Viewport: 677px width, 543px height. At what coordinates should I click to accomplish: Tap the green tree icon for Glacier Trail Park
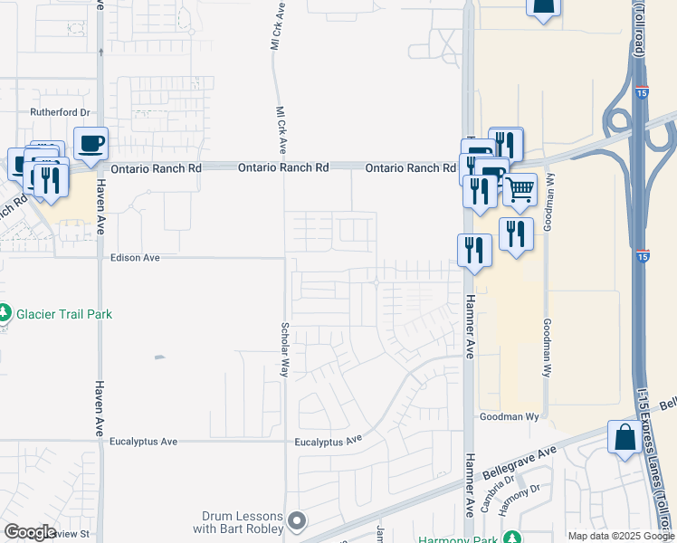[x=5, y=314]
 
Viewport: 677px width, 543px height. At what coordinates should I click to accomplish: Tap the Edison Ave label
[x=135, y=258]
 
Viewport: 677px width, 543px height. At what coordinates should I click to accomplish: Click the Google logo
[x=30, y=532]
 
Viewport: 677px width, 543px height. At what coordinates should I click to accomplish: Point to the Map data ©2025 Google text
[x=620, y=536]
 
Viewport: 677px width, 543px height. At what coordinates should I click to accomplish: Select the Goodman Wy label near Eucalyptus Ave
[x=508, y=417]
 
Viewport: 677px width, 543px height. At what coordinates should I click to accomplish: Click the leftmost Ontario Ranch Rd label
[x=157, y=168]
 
